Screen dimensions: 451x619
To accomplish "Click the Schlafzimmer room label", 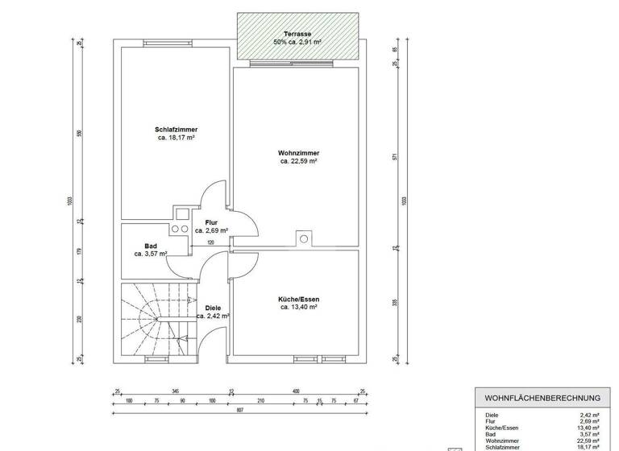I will click(x=177, y=130).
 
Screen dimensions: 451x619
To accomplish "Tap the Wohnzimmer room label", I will click(x=298, y=152).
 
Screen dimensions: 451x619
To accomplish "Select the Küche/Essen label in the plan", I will click(x=298, y=299).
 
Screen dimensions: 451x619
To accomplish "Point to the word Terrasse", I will click(x=298, y=33).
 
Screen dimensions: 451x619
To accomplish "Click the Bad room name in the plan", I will click(x=151, y=246).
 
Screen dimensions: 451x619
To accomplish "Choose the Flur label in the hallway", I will click(x=211, y=222).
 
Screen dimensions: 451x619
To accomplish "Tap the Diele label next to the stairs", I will click(x=213, y=308).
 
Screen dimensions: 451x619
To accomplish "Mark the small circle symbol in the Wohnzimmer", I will click(x=303, y=238).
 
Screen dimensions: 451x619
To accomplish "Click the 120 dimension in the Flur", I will click(x=211, y=242).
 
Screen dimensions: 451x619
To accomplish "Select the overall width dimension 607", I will click(x=240, y=410).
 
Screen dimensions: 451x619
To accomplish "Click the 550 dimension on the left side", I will click(x=79, y=134).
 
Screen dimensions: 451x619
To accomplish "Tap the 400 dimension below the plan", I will click(x=296, y=391).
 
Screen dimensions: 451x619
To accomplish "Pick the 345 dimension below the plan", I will click(x=175, y=391).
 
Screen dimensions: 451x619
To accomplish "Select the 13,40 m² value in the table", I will click(x=590, y=428).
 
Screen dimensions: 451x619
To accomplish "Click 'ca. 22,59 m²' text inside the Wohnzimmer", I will click(x=298, y=161).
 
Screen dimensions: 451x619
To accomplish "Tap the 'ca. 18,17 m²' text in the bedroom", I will click(x=177, y=138).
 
